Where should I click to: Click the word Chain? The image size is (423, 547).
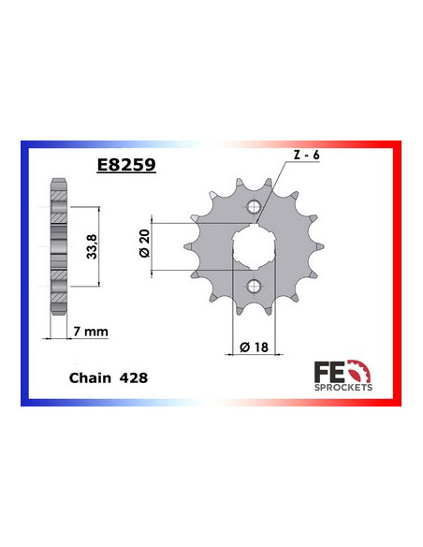(89, 377)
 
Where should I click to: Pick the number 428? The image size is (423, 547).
(133, 377)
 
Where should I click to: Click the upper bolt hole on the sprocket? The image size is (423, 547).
(250, 208)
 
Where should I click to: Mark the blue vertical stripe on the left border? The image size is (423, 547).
(24, 272)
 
